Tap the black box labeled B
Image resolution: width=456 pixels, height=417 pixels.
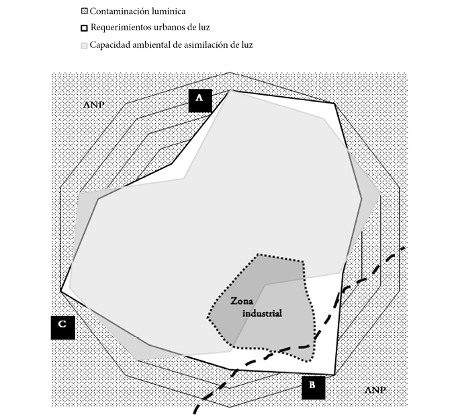(x=313, y=387)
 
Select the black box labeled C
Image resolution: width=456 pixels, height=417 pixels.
(x=62, y=326)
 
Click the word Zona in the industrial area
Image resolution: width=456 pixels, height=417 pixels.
(x=240, y=303)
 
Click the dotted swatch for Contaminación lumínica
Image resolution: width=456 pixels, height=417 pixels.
(x=84, y=11)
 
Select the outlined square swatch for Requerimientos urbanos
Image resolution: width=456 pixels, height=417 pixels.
(x=84, y=28)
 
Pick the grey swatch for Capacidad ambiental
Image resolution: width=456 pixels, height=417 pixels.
(x=84, y=45)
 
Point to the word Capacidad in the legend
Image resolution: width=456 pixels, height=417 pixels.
(x=111, y=45)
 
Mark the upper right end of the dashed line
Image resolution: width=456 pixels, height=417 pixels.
(x=404, y=248)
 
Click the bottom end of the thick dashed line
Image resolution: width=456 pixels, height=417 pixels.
(x=195, y=412)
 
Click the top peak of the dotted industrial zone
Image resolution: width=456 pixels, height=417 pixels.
(x=259, y=255)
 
